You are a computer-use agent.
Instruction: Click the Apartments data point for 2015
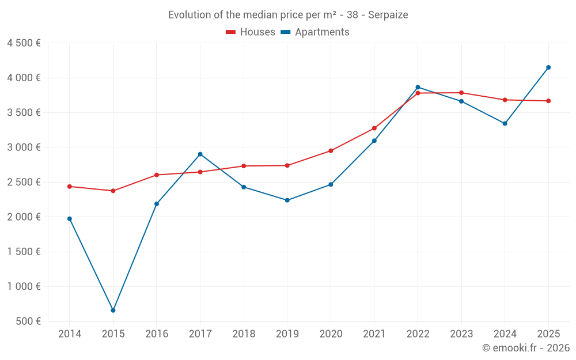(113, 310)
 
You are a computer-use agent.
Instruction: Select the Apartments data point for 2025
(548, 67)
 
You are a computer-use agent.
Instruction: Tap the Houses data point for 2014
(70, 187)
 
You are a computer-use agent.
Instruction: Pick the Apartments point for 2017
(200, 154)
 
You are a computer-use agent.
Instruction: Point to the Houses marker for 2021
(374, 128)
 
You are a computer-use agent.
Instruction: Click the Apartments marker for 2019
(287, 200)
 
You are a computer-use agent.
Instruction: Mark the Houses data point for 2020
(331, 151)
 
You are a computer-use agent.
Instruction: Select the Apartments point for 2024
(505, 123)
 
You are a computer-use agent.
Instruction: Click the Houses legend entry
(251, 32)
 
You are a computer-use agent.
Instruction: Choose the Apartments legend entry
(315, 32)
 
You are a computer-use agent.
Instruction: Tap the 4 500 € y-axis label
(24, 43)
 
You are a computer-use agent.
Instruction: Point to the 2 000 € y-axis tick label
(24, 217)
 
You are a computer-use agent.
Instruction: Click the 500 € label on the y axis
(29, 321)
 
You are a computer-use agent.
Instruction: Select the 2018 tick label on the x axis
(244, 334)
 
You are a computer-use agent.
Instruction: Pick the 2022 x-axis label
(418, 334)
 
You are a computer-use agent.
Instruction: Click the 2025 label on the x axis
(548, 334)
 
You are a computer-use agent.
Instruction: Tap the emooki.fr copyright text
(525, 348)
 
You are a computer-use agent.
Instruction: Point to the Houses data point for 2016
(157, 175)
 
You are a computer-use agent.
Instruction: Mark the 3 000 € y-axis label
(24, 147)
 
